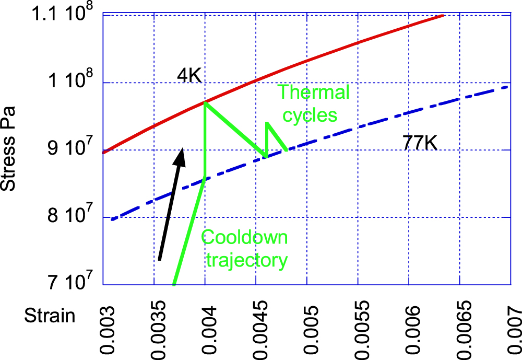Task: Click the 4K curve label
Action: [x=188, y=77]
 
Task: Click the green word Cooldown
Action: [x=245, y=237]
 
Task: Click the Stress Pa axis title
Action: [x=9, y=149]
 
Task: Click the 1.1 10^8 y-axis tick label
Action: [x=62, y=15]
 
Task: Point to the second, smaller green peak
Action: [x=267, y=123]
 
